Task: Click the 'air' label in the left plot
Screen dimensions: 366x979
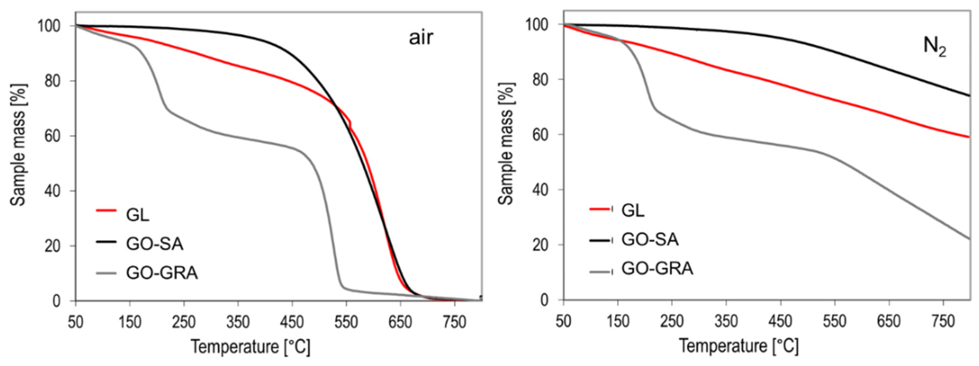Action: pyautogui.click(x=421, y=39)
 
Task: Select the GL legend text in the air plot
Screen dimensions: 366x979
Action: pyautogui.click(x=138, y=215)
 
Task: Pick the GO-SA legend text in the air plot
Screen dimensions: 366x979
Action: pyautogui.click(x=155, y=244)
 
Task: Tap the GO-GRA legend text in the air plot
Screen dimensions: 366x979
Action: pyautogui.click(x=162, y=273)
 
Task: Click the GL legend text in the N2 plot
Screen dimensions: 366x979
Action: pyautogui.click(x=633, y=210)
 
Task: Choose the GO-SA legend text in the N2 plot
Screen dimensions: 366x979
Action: pyautogui.click(x=650, y=240)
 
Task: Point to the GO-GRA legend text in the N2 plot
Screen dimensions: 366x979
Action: pyautogui.click(x=657, y=269)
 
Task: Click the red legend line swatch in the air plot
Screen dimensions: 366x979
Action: pyautogui.click(x=106, y=210)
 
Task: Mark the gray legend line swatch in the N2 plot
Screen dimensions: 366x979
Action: pyautogui.click(x=600, y=272)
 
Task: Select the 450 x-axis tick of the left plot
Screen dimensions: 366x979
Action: pyautogui.click(x=292, y=323)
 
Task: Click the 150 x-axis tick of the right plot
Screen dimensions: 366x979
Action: pyautogui.click(x=618, y=322)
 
